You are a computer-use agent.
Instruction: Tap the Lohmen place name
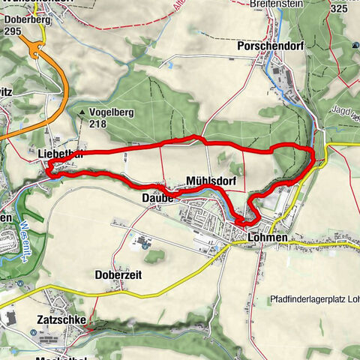267,238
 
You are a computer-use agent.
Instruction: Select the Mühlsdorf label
211,181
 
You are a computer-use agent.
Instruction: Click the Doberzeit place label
118,274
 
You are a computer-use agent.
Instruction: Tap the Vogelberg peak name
112,112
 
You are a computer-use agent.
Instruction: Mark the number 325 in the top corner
339,8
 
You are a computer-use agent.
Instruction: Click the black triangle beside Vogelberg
81,113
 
